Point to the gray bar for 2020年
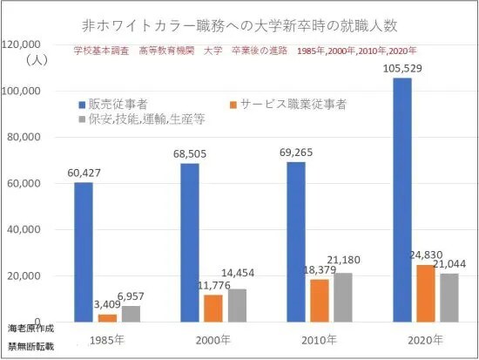tap(449, 298)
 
